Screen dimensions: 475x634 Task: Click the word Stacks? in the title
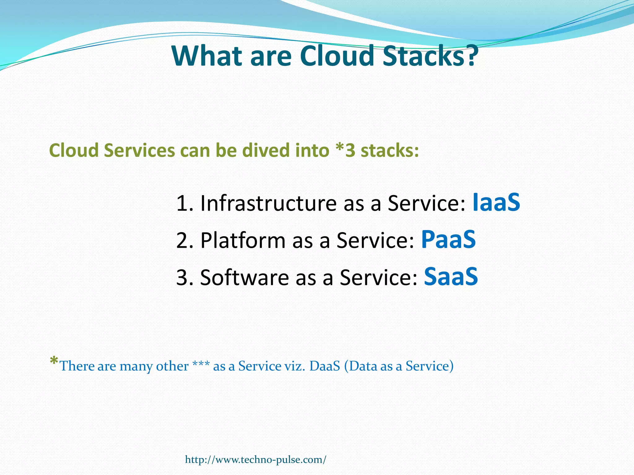(430, 56)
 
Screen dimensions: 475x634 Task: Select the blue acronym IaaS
(496, 203)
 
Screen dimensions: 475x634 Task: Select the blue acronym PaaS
(448, 240)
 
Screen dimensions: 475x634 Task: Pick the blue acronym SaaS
(451, 276)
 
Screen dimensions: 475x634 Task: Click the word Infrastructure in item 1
(268, 203)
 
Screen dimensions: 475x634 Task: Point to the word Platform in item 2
(243, 241)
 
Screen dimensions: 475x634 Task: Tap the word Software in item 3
(244, 277)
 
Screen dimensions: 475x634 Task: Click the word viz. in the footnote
(295, 366)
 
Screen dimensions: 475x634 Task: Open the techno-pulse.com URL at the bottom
(255, 460)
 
